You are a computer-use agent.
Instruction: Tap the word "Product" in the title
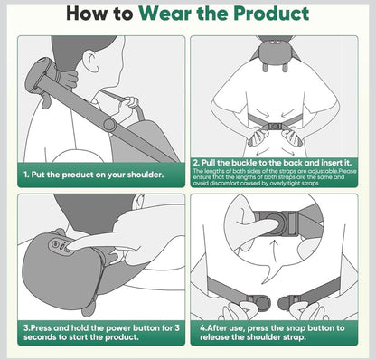click(267, 14)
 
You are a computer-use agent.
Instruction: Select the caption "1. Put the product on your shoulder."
click(94, 175)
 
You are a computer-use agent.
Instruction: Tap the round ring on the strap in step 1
click(108, 124)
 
